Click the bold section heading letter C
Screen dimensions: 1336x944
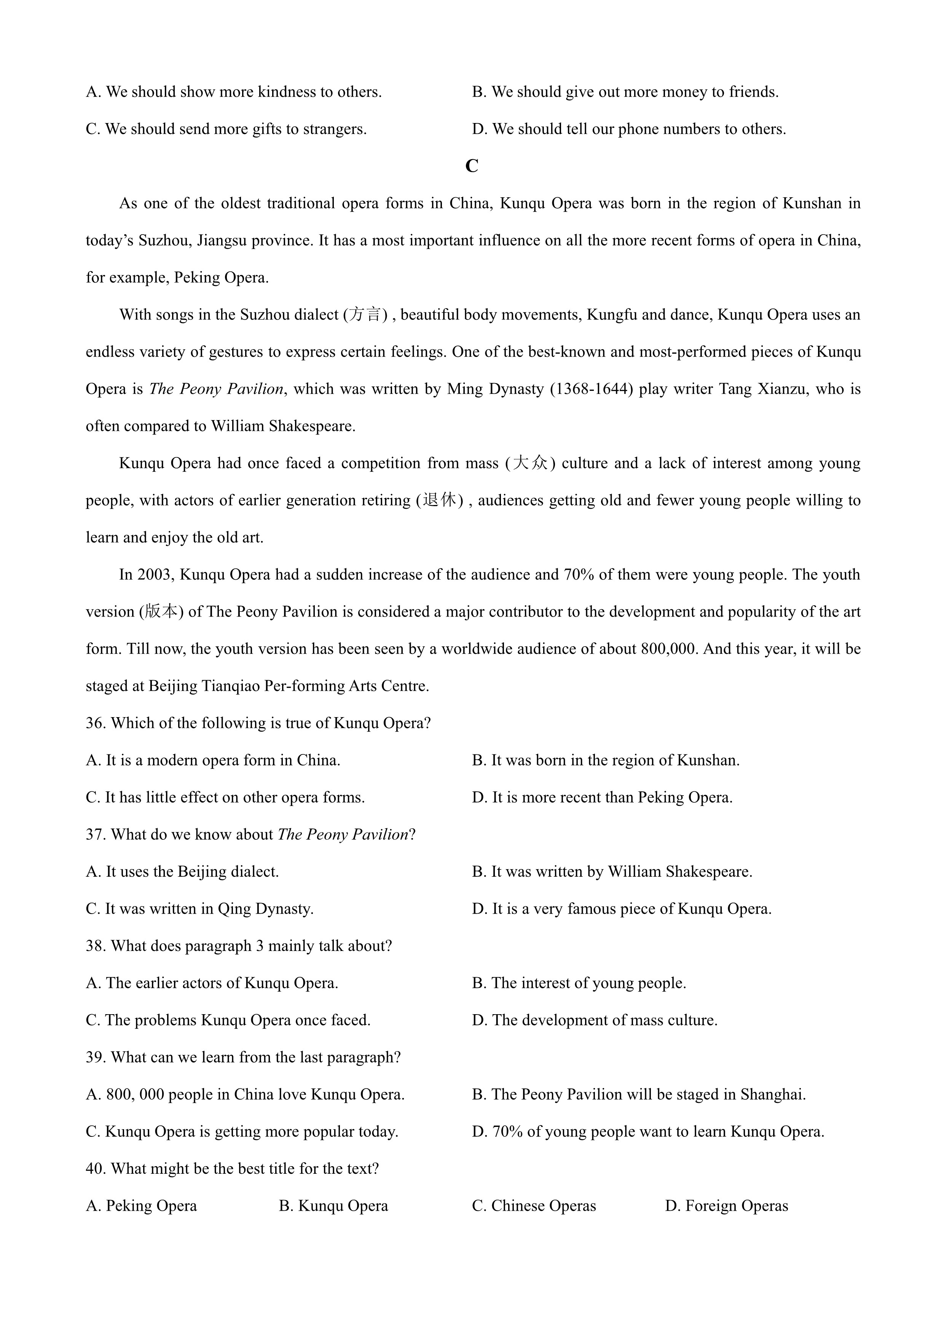472,166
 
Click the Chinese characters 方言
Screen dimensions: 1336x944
365,315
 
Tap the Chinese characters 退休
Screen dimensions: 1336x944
439,500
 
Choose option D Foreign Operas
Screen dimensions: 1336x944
727,1206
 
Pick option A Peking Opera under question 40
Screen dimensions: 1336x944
141,1206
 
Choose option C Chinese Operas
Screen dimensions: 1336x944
534,1206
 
